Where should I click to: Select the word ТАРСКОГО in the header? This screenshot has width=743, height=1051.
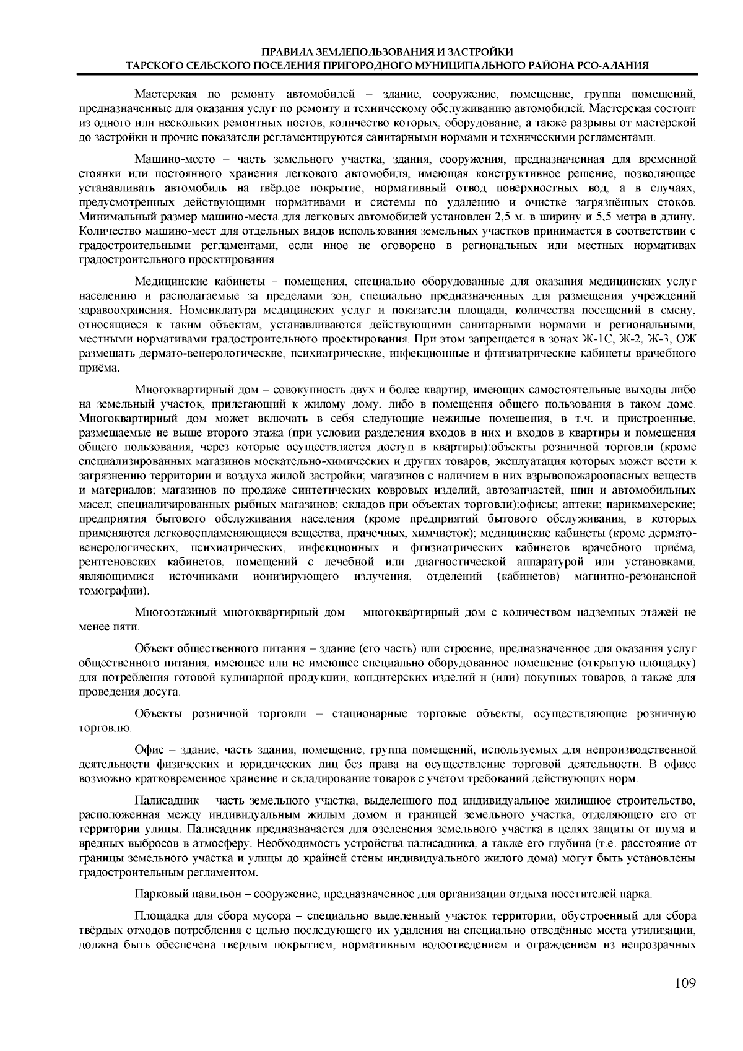tap(153, 64)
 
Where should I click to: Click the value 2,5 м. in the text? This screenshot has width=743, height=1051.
tap(510, 217)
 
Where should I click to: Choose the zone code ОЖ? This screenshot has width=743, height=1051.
tap(687, 339)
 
